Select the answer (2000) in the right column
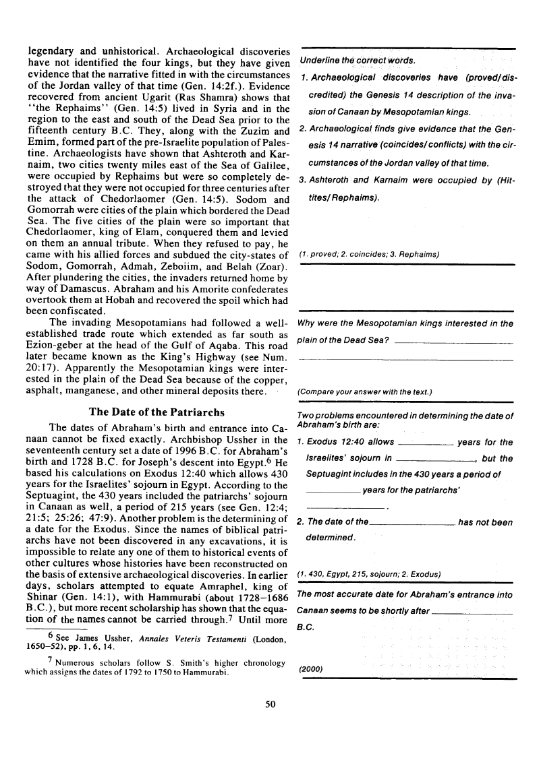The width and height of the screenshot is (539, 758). tap(311, 669)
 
